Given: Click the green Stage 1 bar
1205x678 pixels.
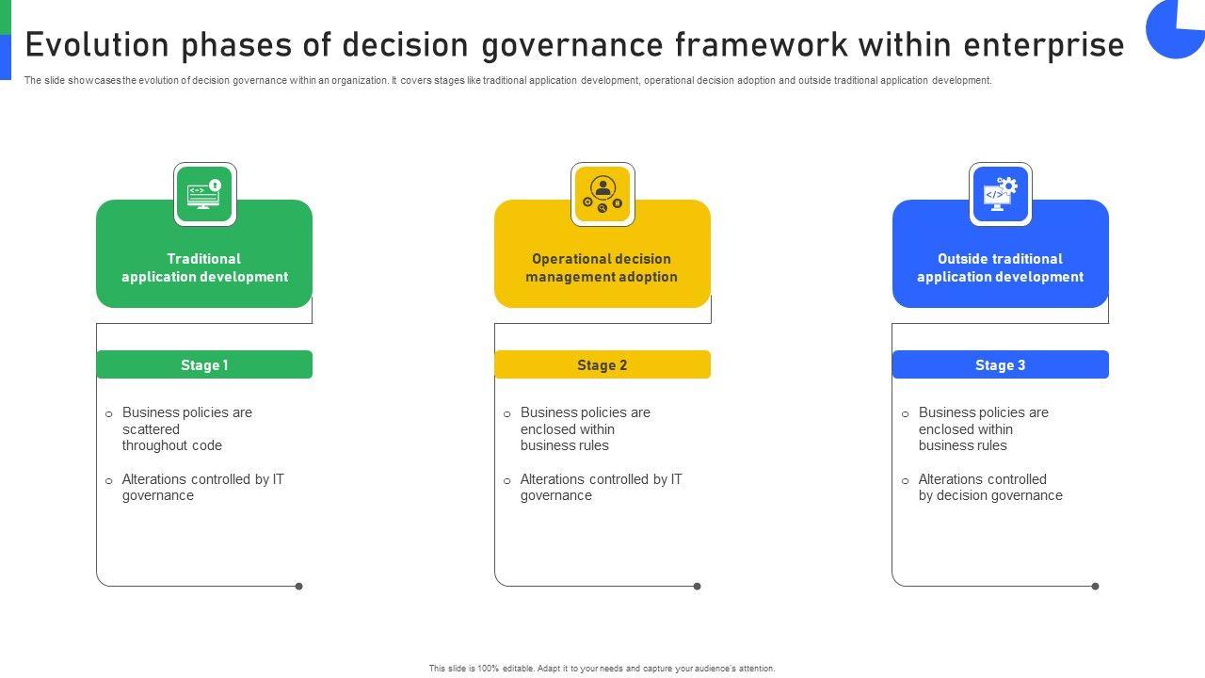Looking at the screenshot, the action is (x=204, y=364).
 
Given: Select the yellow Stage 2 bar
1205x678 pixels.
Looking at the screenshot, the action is (x=602, y=364).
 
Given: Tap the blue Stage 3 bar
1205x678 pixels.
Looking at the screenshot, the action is (x=1000, y=364).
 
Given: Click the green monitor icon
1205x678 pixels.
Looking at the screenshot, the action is (x=204, y=195).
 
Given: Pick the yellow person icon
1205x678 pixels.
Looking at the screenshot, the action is (x=602, y=195).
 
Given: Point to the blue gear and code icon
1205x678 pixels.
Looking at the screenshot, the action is (x=1000, y=195).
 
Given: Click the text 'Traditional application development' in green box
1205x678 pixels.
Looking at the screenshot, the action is (x=204, y=267).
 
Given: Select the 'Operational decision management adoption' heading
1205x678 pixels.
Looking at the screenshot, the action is (x=602, y=267).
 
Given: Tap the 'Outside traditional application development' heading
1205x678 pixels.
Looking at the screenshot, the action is (x=1000, y=267).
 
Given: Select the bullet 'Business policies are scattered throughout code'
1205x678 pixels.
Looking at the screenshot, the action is (x=186, y=428).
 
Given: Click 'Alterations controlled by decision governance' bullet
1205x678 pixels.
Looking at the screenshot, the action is (x=989, y=487).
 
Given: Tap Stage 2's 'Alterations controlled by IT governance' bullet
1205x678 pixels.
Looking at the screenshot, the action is (x=601, y=487).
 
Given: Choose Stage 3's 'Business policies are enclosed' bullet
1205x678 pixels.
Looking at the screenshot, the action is (x=983, y=428).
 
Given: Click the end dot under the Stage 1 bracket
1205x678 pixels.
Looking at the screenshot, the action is (x=299, y=587).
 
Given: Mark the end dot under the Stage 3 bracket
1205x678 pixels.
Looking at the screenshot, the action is (x=1095, y=587).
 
